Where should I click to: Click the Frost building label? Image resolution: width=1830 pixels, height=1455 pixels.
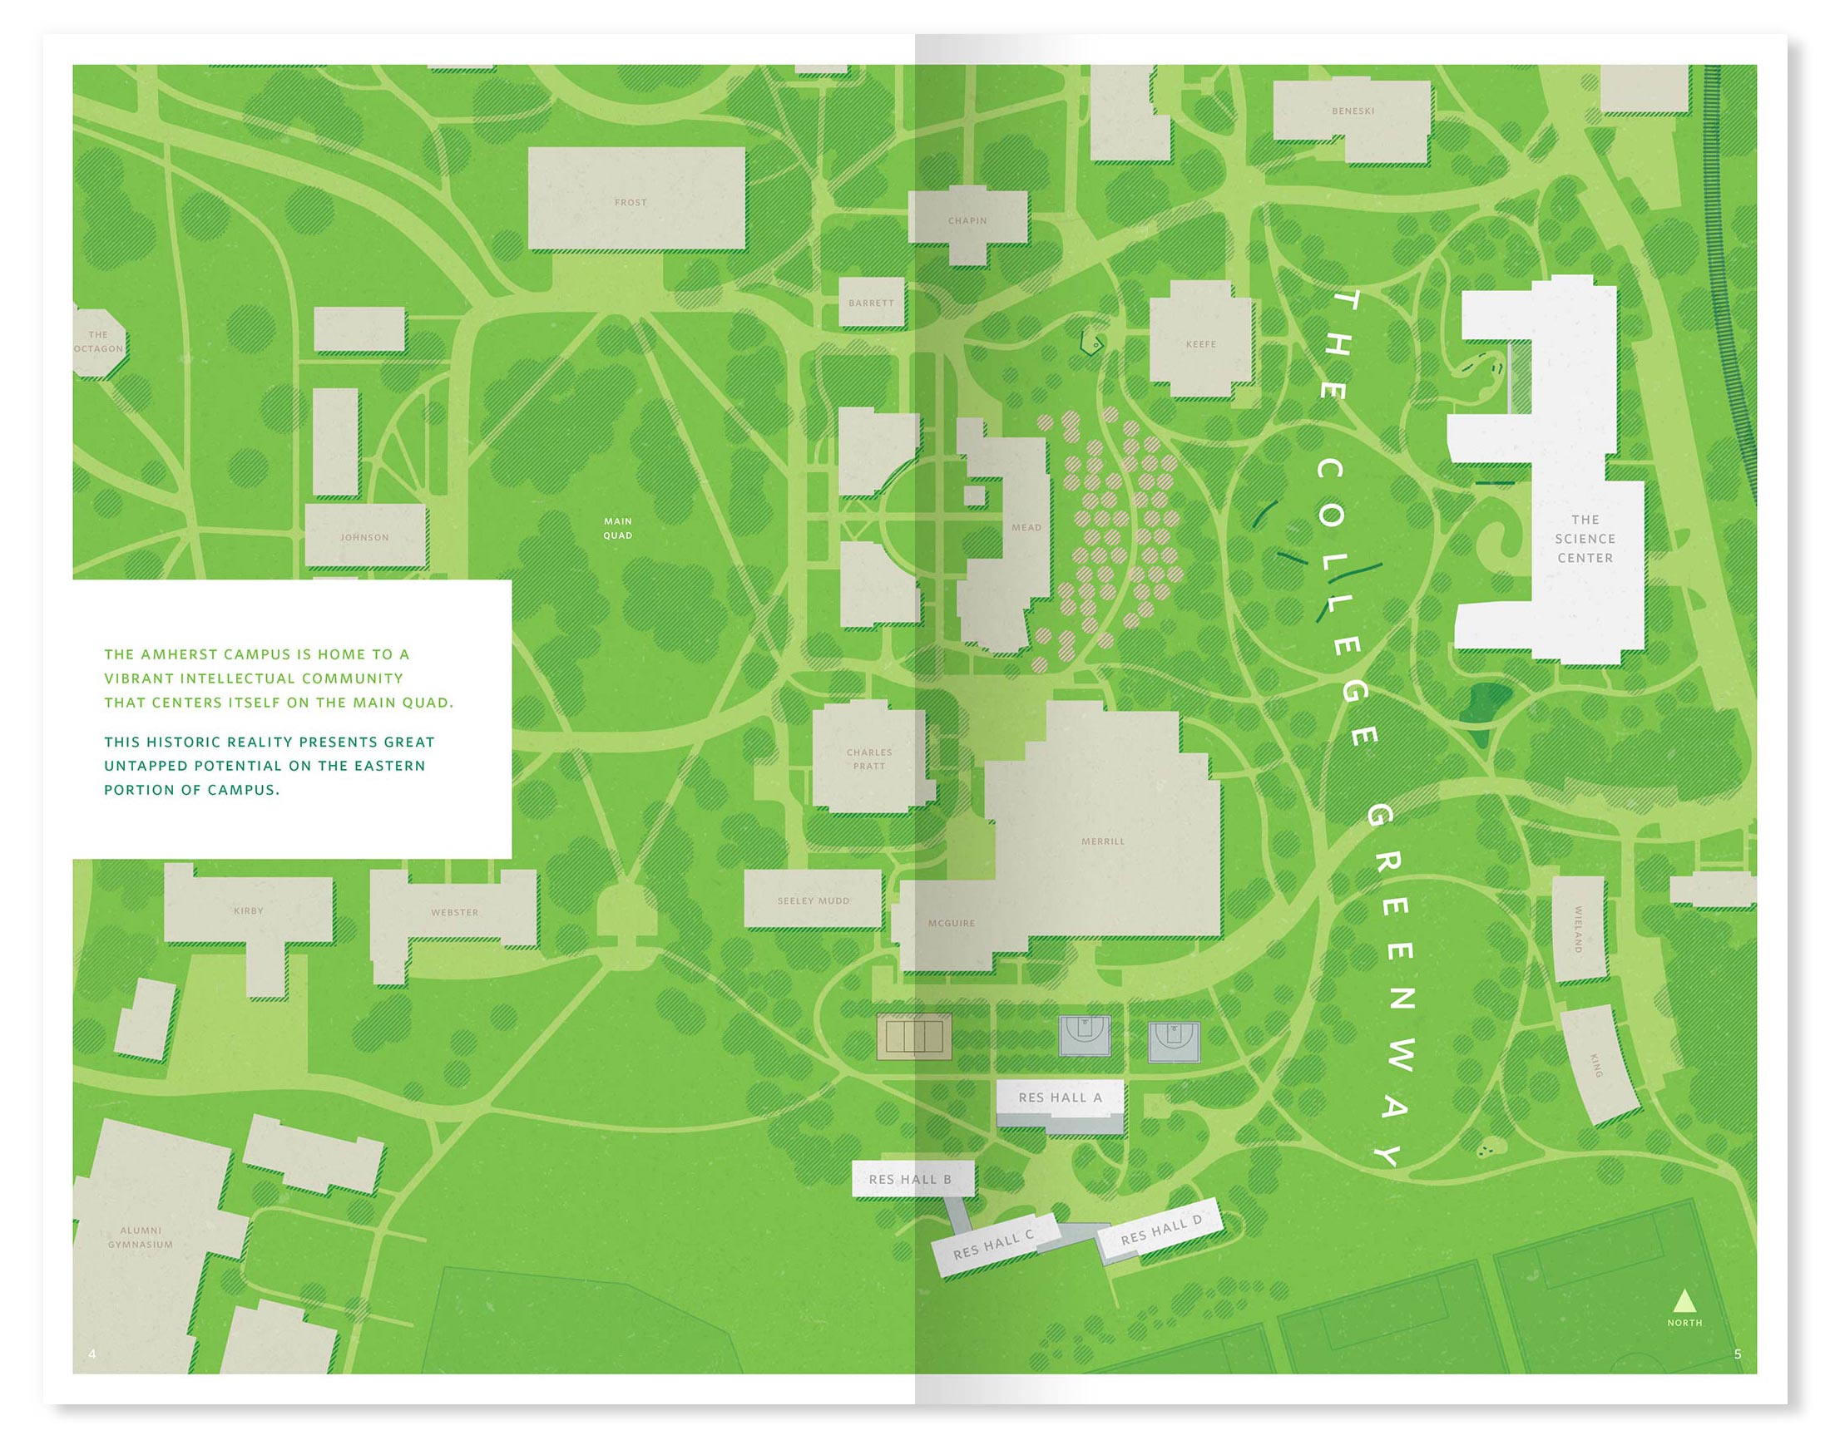tap(631, 203)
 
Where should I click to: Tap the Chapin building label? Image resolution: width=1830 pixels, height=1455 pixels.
tap(967, 220)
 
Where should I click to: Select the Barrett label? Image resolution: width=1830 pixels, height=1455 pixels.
tap(871, 303)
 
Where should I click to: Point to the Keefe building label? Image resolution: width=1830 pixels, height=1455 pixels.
tap(1201, 344)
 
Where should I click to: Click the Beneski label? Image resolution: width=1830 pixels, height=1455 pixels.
tap(1353, 111)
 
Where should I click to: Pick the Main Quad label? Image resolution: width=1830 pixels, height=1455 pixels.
tap(618, 528)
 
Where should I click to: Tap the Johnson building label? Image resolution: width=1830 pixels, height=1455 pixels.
tap(364, 537)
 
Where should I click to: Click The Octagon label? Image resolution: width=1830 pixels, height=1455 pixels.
tap(98, 342)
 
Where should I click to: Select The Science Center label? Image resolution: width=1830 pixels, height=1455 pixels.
tap(1585, 539)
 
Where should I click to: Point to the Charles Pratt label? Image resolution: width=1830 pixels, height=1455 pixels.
tap(869, 758)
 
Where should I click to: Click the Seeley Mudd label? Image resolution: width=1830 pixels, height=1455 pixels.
tap(814, 900)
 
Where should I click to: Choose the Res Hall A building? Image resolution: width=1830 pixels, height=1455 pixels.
tap(1060, 1102)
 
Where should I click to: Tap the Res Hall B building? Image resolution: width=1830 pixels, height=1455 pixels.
tap(913, 1179)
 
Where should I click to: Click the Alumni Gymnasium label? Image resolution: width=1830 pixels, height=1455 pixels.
tap(140, 1237)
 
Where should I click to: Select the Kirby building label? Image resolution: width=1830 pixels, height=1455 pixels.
tap(249, 911)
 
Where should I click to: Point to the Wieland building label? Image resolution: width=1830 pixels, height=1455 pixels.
tap(1579, 929)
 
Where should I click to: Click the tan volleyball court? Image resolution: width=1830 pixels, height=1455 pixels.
tap(914, 1037)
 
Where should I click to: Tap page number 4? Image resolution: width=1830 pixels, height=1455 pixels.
tap(92, 1354)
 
